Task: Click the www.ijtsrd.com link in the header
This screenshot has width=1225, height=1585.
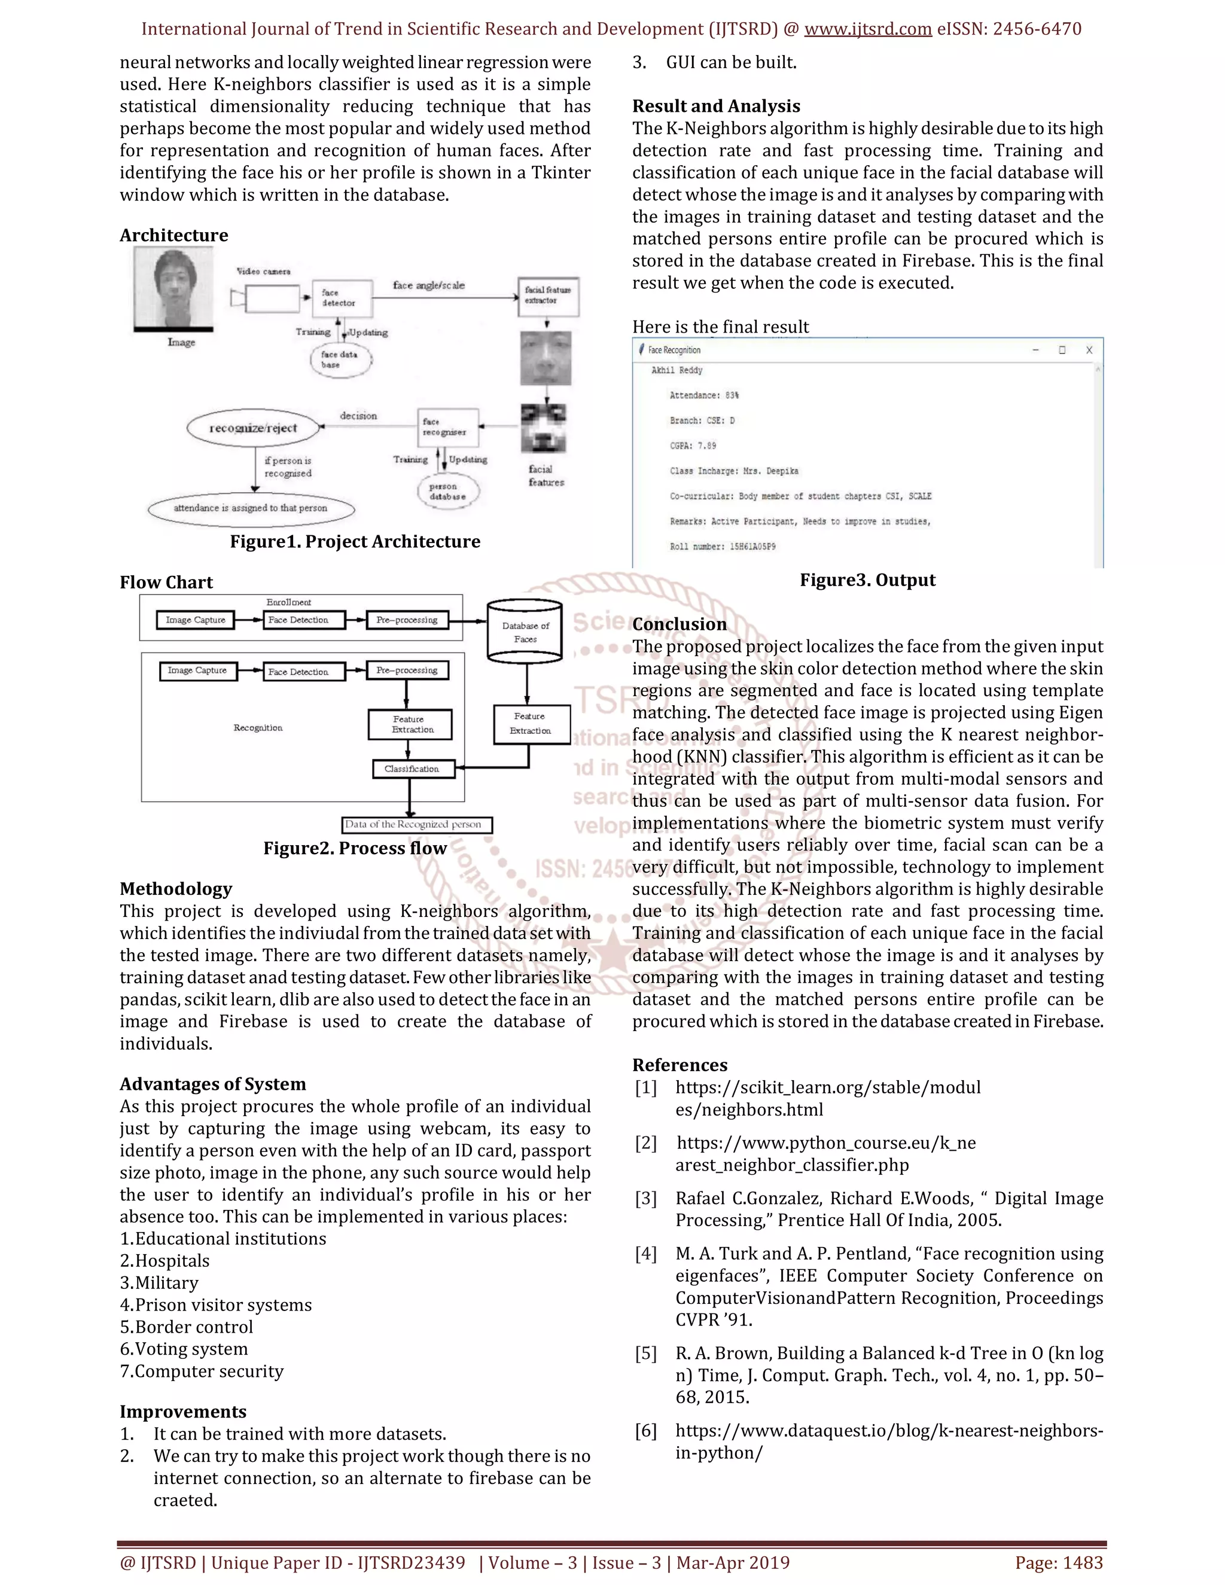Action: coord(867,29)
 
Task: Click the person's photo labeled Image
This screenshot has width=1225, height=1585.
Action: coord(173,289)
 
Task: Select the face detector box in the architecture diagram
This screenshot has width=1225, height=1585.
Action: coord(342,297)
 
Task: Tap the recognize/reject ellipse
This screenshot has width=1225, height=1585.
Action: coord(253,428)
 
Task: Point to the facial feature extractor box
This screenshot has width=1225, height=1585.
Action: coord(548,295)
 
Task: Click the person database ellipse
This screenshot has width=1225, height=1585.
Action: coord(446,491)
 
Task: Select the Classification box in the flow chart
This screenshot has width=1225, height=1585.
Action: coord(412,769)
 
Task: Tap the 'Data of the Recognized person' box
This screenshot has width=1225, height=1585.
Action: coord(416,824)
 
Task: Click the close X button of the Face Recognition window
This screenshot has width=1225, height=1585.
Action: coord(1089,350)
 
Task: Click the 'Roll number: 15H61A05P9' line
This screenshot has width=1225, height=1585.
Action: coord(722,547)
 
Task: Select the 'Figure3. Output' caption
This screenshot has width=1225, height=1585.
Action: coord(867,580)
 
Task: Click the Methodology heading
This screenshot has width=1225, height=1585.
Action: coord(176,889)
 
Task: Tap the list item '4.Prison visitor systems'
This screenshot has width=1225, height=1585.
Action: coord(215,1305)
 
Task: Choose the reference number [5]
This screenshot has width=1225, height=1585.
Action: coord(645,1354)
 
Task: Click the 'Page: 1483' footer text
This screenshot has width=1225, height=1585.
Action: coord(1058,1562)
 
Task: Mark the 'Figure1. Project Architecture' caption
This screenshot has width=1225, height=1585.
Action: coord(355,541)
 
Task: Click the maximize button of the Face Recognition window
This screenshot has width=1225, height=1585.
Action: coord(1062,350)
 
